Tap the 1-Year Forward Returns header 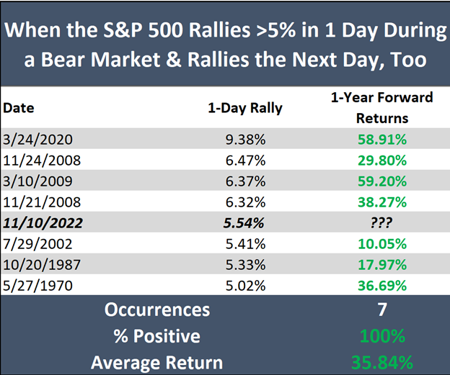tap(382, 108)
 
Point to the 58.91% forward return tap(382, 137)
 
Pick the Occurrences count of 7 tap(382, 310)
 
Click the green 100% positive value tap(382, 335)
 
